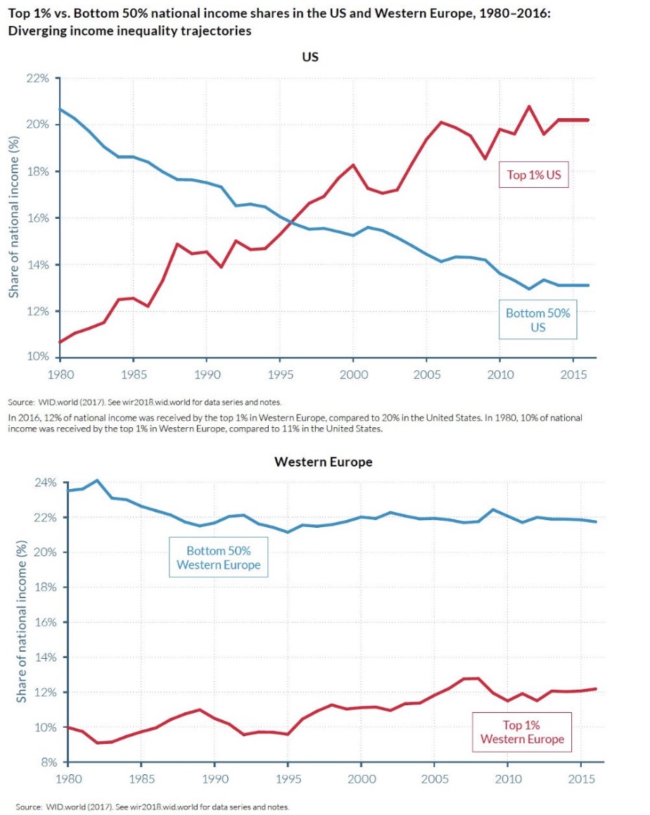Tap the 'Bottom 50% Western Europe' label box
click(x=218, y=557)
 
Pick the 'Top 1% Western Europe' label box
click(x=521, y=732)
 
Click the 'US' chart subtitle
click(x=310, y=57)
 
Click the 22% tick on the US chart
click(x=39, y=78)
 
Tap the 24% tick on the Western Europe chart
click(x=44, y=483)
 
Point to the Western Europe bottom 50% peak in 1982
click(x=97, y=481)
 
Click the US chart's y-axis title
click(x=14, y=217)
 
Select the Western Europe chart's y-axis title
click(x=21, y=622)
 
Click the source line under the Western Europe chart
click(x=153, y=807)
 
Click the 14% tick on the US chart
click(x=39, y=265)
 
